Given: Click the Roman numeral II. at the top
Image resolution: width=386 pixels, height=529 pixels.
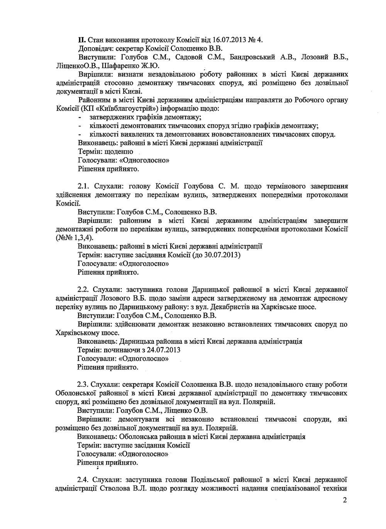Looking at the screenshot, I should (81, 40).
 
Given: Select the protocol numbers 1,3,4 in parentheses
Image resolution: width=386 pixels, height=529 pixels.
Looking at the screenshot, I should (81, 238).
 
